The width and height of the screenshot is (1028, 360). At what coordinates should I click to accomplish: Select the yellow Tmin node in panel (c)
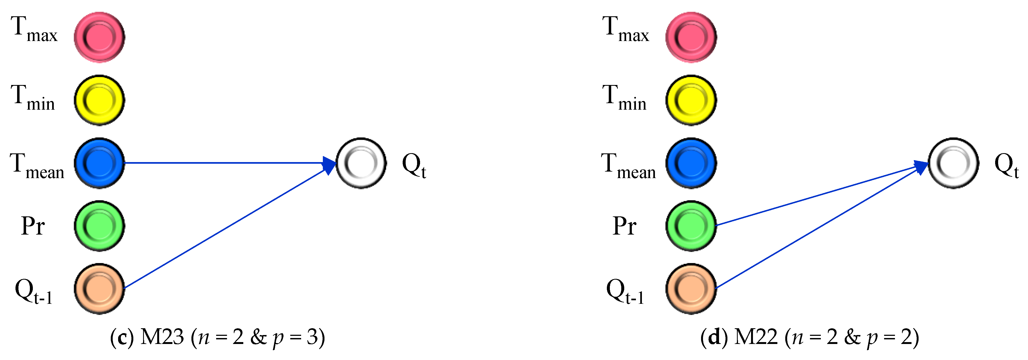point(99,100)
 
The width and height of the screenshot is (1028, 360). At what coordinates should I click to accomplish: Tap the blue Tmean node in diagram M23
point(99,163)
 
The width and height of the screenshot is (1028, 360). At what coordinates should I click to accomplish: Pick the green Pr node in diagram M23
point(99,226)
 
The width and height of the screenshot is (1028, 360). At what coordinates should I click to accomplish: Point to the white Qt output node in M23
point(361,163)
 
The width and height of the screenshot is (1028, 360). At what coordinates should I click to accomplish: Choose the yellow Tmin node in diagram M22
point(691,100)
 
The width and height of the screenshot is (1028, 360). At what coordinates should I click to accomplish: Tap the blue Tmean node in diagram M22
point(691,163)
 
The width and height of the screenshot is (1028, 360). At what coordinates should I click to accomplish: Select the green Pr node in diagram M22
point(691,226)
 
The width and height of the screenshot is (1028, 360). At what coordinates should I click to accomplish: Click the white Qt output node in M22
point(953,163)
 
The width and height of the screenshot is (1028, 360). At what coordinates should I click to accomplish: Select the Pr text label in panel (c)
point(33,226)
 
